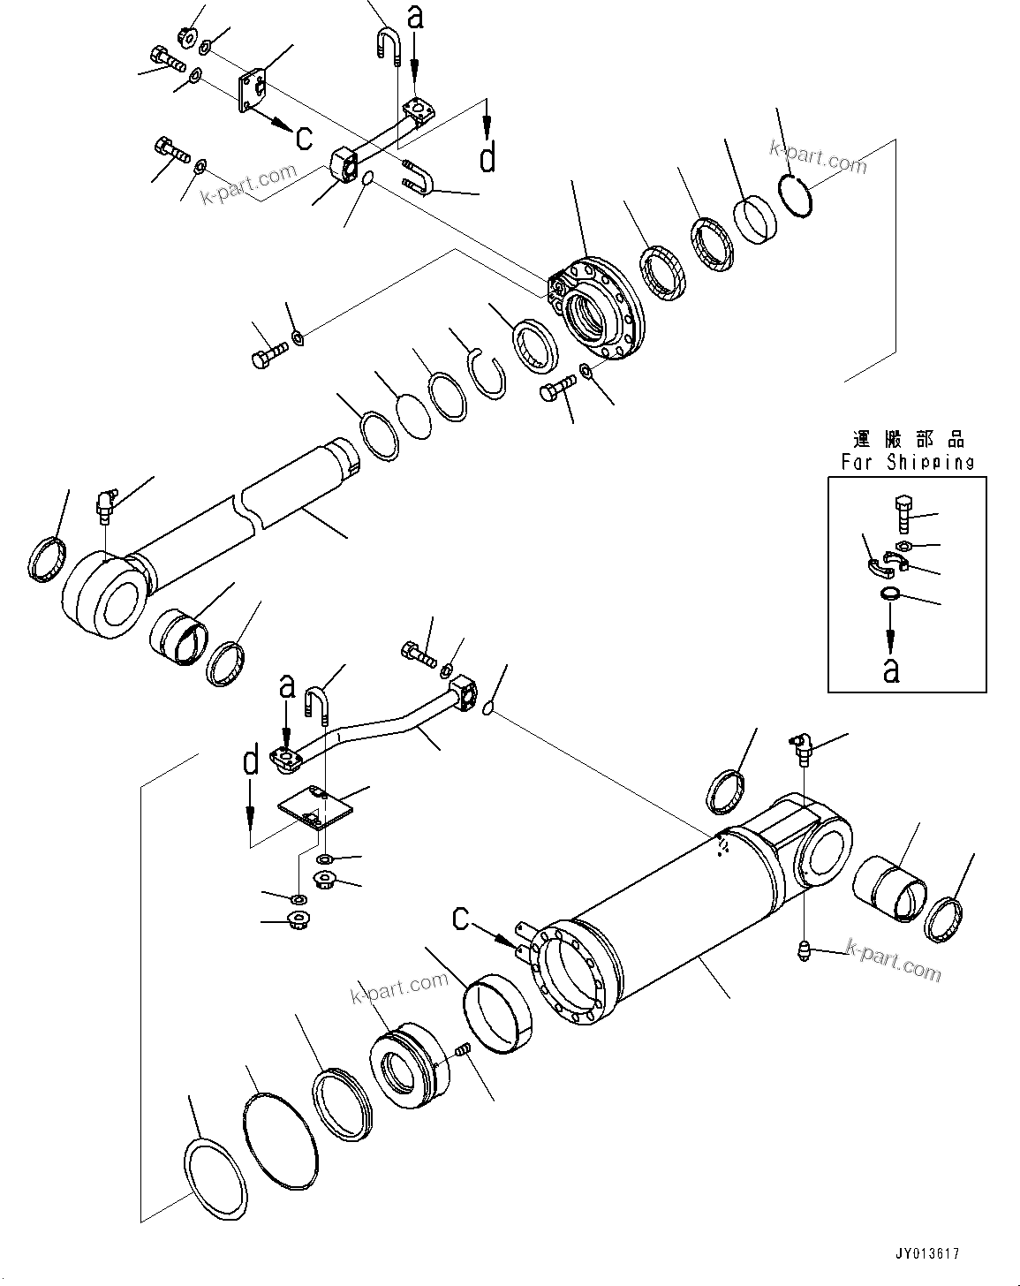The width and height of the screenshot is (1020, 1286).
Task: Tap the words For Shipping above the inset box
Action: (907, 461)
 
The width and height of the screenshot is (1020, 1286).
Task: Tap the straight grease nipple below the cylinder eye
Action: (804, 953)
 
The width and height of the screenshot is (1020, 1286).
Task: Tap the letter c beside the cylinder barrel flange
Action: (461, 919)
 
